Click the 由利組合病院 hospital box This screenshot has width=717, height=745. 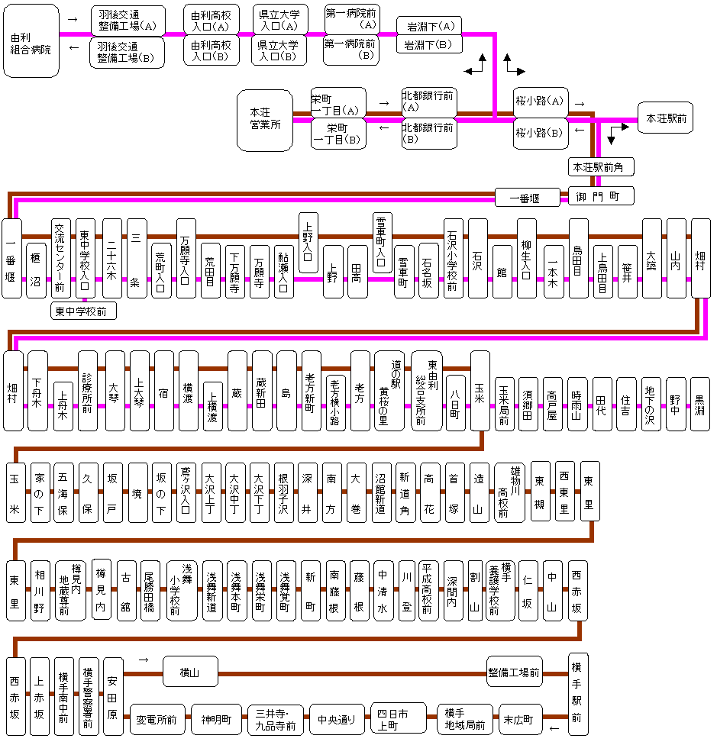coord(31,41)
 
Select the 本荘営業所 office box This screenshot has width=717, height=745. coord(265,118)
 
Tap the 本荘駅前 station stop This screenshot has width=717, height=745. coord(665,118)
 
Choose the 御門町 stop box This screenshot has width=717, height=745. coord(601,196)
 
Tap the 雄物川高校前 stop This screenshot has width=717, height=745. coord(509,492)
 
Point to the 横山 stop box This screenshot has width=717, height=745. coord(189,672)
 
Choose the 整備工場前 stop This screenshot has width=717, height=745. coord(514,672)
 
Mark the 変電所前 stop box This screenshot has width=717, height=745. coord(156,719)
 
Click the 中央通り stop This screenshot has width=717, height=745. coord(337,719)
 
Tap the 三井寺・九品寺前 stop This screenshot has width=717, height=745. coord(275,719)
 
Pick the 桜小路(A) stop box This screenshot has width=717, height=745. coord(539,101)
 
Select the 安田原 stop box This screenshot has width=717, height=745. coord(113,695)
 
